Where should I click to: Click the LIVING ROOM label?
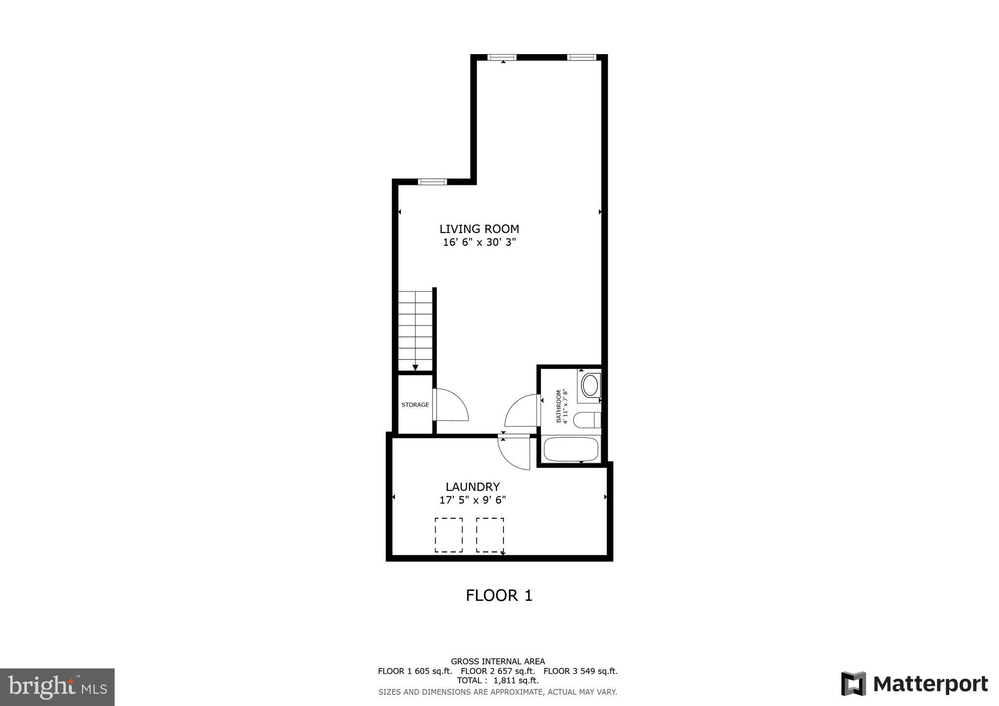tap(479, 229)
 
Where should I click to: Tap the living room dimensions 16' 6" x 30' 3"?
tap(479, 242)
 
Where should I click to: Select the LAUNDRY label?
tap(472, 487)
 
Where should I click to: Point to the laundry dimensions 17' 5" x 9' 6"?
tap(472, 500)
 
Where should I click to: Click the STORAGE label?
tap(415, 405)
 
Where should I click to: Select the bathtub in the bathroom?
tap(570, 449)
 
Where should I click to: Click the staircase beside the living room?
tap(415, 331)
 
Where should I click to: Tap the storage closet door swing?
tap(451, 405)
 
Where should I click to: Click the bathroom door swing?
tap(522, 411)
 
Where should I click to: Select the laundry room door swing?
tap(515, 452)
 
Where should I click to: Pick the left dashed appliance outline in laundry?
tap(449, 535)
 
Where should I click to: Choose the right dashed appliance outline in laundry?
tap(490, 535)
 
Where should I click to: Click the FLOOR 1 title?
tap(499, 595)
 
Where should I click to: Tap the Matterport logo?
tap(914, 684)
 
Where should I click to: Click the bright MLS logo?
tap(58, 687)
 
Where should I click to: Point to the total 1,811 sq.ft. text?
tap(498, 680)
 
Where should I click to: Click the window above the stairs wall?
tap(432, 182)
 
